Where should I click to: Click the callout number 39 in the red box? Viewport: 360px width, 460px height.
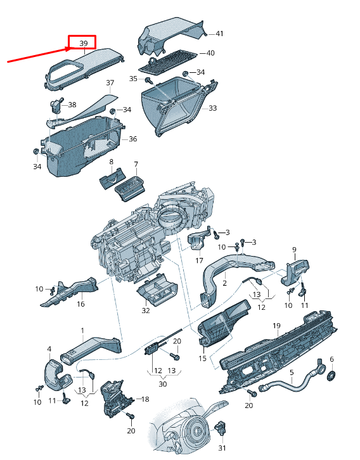pyautogui.click(x=84, y=42)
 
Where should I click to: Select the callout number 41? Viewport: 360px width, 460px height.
pyautogui.click(x=219, y=33)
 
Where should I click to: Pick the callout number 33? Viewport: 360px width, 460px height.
pyautogui.click(x=212, y=108)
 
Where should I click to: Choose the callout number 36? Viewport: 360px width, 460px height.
pyautogui.click(x=132, y=139)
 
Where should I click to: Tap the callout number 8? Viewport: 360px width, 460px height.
pyautogui.click(x=112, y=162)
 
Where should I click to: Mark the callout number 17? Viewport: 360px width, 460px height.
pyautogui.click(x=199, y=260)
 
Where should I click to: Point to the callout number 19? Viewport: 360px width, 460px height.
pyautogui.click(x=276, y=326)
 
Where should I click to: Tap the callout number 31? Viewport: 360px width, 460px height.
pyautogui.click(x=221, y=447)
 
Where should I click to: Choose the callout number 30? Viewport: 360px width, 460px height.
pyautogui.click(x=163, y=384)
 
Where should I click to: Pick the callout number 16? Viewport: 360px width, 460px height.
pyautogui.click(x=80, y=304)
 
